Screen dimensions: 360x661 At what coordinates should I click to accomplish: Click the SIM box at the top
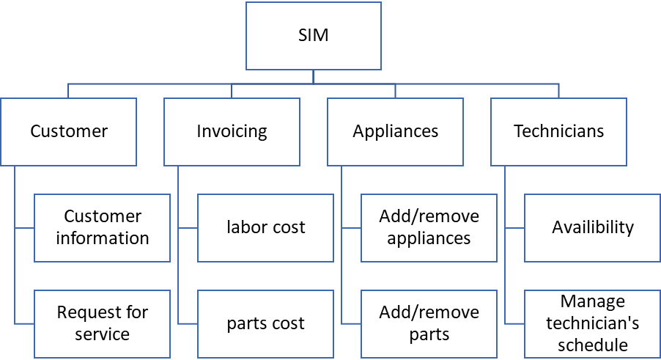click(313, 35)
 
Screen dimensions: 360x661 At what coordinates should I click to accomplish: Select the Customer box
click(69, 132)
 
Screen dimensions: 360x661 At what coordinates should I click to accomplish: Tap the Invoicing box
click(232, 132)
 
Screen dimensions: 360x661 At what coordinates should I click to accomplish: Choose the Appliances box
click(396, 132)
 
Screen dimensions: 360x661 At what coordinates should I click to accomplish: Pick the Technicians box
click(558, 132)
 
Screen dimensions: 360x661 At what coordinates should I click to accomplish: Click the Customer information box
click(103, 227)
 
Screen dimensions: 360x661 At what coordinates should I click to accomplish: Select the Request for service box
click(103, 323)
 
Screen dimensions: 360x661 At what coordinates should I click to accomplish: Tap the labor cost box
click(265, 227)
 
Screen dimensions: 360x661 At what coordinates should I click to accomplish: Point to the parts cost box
click(265, 323)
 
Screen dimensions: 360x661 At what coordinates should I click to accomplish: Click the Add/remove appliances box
click(429, 227)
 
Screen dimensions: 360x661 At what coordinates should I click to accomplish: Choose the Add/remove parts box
click(429, 323)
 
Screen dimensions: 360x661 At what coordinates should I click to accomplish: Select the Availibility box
click(592, 227)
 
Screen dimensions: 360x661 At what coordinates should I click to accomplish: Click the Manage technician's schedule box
click(592, 323)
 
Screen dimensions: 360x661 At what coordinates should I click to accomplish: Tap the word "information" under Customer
click(103, 238)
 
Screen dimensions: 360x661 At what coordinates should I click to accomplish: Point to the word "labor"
click(245, 227)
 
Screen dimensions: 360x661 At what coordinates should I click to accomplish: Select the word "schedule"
click(592, 345)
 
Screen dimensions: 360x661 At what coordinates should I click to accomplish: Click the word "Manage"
click(592, 301)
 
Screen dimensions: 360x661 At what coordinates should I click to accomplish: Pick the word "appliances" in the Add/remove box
click(429, 238)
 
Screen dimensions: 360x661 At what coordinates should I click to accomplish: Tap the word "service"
click(103, 334)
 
